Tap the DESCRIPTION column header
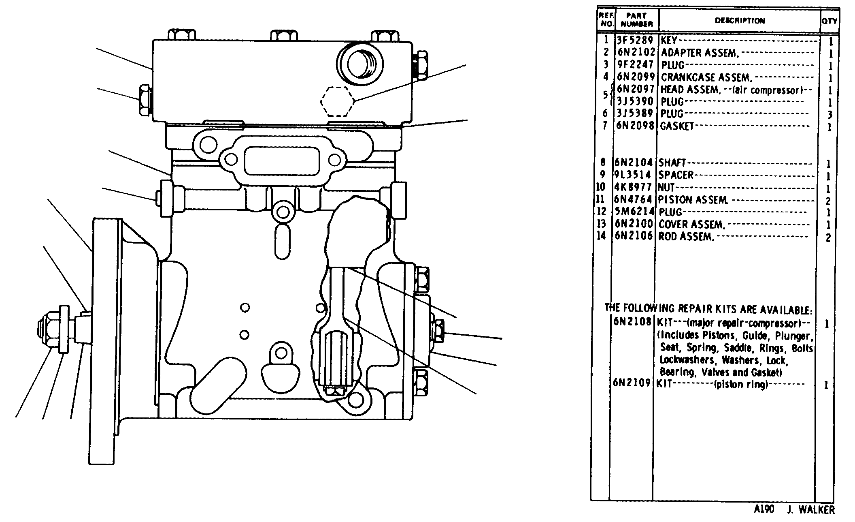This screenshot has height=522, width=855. click(740, 21)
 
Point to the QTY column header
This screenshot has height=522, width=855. click(829, 21)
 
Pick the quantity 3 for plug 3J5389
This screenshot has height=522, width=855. click(830, 114)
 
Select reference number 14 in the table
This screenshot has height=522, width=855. click(601, 235)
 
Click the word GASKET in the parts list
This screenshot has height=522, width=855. click(677, 126)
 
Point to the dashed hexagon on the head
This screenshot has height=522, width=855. click(337, 101)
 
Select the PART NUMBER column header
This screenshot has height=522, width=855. click(637, 20)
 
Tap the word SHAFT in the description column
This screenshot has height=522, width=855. click(672, 163)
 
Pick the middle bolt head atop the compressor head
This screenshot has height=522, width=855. click(283, 35)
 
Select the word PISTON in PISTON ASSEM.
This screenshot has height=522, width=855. click(676, 200)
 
